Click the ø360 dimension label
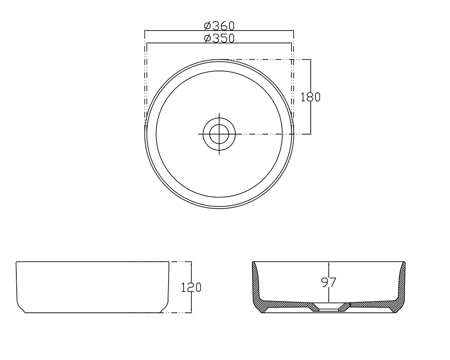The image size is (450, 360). pos(219,26)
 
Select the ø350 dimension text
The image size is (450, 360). pos(219,38)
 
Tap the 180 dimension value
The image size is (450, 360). pos(310,97)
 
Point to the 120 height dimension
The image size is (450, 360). pos(191,287)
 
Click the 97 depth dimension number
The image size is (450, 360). pos(328,283)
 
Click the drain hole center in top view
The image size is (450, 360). pos(219,134)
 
